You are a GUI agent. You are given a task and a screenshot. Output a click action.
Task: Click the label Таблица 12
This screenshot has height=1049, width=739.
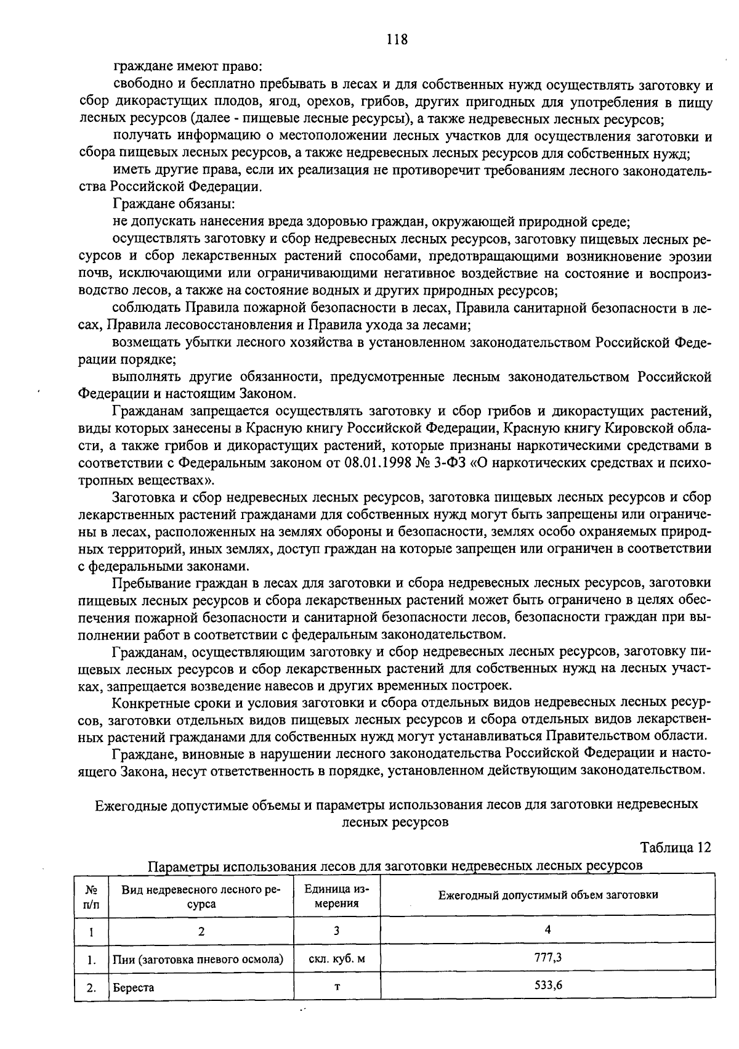click(x=676, y=848)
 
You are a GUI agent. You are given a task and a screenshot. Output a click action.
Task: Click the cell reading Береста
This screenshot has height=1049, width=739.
click(x=133, y=987)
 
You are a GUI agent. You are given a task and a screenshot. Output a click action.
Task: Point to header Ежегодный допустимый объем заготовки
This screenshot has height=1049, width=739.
click(x=547, y=895)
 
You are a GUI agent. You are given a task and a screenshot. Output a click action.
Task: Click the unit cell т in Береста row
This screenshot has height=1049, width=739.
click(x=337, y=987)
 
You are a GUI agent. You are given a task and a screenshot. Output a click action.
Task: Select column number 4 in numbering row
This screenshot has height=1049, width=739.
click(x=547, y=929)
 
